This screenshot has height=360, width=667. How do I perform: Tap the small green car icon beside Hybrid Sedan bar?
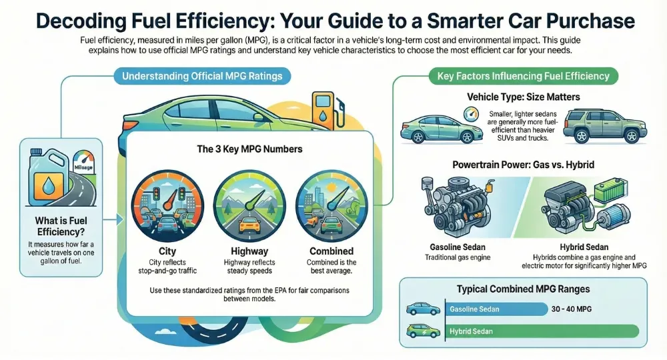click(423, 331)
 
